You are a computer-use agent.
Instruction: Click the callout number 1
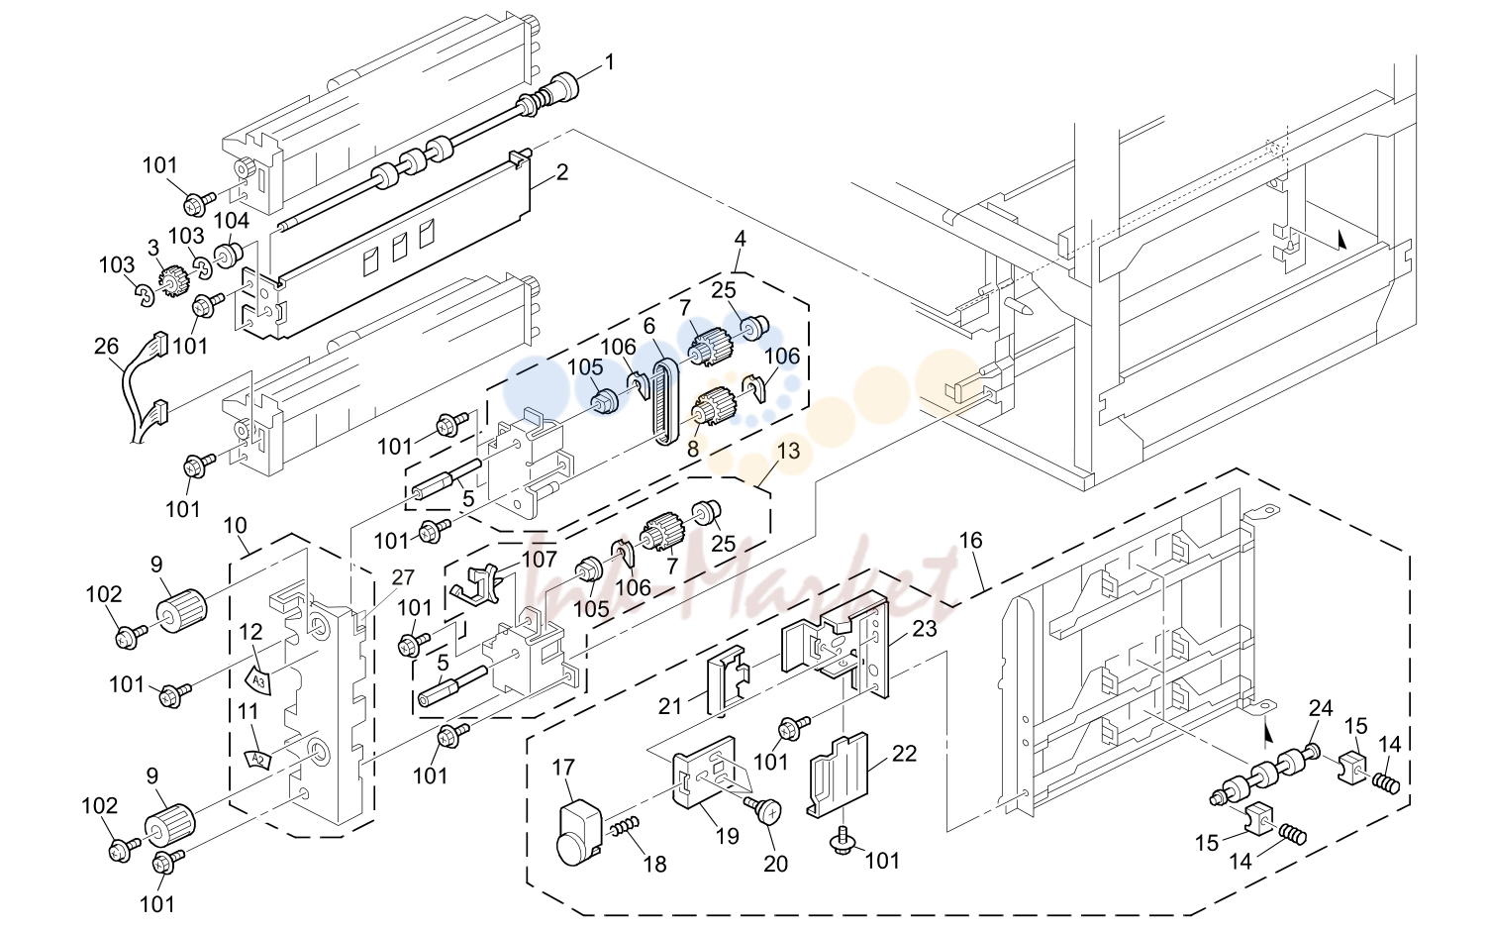609,63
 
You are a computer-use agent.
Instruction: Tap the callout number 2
562,173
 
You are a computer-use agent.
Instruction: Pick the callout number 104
231,220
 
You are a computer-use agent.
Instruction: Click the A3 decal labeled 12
260,677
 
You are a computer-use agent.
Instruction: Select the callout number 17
563,769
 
